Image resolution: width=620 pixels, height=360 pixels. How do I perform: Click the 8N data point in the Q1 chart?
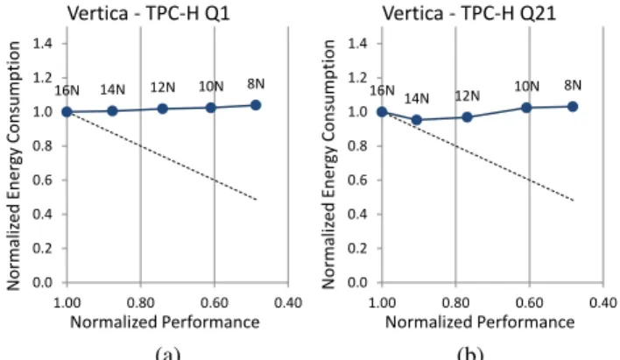[x=256, y=105]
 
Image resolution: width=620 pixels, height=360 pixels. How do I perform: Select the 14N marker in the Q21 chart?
[x=416, y=119]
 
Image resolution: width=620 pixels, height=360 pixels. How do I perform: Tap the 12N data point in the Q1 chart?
[x=162, y=109]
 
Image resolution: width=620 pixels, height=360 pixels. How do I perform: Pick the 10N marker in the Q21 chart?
[x=526, y=108]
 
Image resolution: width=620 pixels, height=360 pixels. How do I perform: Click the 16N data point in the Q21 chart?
[x=382, y=112]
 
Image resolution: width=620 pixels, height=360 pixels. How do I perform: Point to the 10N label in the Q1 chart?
[x=211, y=86]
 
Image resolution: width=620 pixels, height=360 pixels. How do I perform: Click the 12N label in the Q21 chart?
[x=468, y=95]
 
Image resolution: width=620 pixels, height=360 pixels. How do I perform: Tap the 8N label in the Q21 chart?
[x=573, y=85]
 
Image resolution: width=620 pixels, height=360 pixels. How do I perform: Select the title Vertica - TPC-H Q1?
[x=148, y=13]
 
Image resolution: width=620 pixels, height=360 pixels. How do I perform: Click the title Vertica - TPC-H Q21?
[x=469, y=13]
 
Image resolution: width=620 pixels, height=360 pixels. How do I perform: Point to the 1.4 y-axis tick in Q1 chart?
[x=42, y=44]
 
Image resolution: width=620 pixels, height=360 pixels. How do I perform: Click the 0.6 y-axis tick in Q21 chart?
[x=358, y=180]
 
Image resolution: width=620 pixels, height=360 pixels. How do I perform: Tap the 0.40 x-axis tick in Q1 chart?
[x=288, y=303]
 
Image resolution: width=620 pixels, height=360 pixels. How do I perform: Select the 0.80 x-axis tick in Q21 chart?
[x=455, y=303]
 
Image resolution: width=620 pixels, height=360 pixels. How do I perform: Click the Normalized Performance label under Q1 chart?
[x=165, y=322]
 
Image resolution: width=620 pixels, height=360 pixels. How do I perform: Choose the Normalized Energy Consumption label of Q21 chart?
[x=329, y=164]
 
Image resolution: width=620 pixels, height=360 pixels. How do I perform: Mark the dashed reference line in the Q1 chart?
[x=162, y=156]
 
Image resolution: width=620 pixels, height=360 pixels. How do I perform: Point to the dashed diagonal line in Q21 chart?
[x=477, y=156]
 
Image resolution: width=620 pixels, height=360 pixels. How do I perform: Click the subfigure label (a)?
[x=168, y=353]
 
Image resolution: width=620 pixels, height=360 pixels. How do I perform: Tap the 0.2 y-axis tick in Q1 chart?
[x=42, y=249]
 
